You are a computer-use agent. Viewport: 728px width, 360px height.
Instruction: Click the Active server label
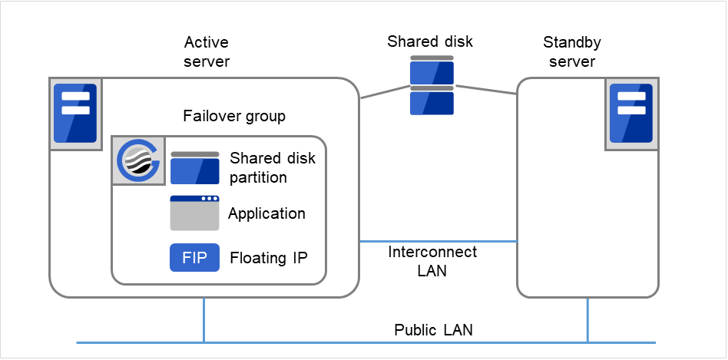coord(207,51)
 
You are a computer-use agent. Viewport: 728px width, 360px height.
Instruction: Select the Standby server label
coord(573,51)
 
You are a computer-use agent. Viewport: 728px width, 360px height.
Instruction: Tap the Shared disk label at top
coord(430,41)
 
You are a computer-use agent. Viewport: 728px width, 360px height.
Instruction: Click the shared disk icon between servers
coord(431,85)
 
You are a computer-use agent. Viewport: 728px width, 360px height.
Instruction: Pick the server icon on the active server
coord(75,114)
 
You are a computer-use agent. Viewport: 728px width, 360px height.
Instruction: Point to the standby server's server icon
coord(631,114)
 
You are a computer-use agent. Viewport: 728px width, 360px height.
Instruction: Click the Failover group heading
coord(234,117)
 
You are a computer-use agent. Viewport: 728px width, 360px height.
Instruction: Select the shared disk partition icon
coord(194,167)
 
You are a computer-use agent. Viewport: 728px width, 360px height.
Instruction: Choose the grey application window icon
coord(194,213)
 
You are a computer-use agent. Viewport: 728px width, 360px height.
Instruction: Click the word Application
coord(266,214)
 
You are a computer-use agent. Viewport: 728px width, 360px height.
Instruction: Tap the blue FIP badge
coord(194,258)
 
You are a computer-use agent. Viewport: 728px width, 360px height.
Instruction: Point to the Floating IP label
coord(269,258)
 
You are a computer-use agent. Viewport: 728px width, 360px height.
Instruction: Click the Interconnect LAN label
coord(432,261)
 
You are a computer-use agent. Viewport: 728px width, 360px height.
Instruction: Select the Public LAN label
coord(433,330)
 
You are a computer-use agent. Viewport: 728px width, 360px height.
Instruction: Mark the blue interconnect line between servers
coord(438,242)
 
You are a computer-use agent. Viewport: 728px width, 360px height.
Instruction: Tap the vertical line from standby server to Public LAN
coord(588,319)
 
